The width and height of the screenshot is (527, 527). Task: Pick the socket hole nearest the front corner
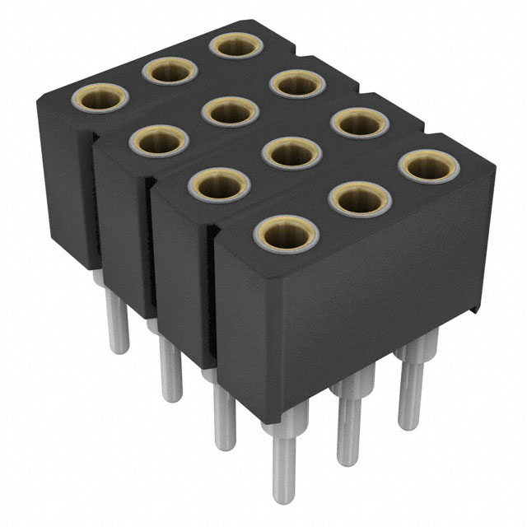(x=282, y=232)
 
